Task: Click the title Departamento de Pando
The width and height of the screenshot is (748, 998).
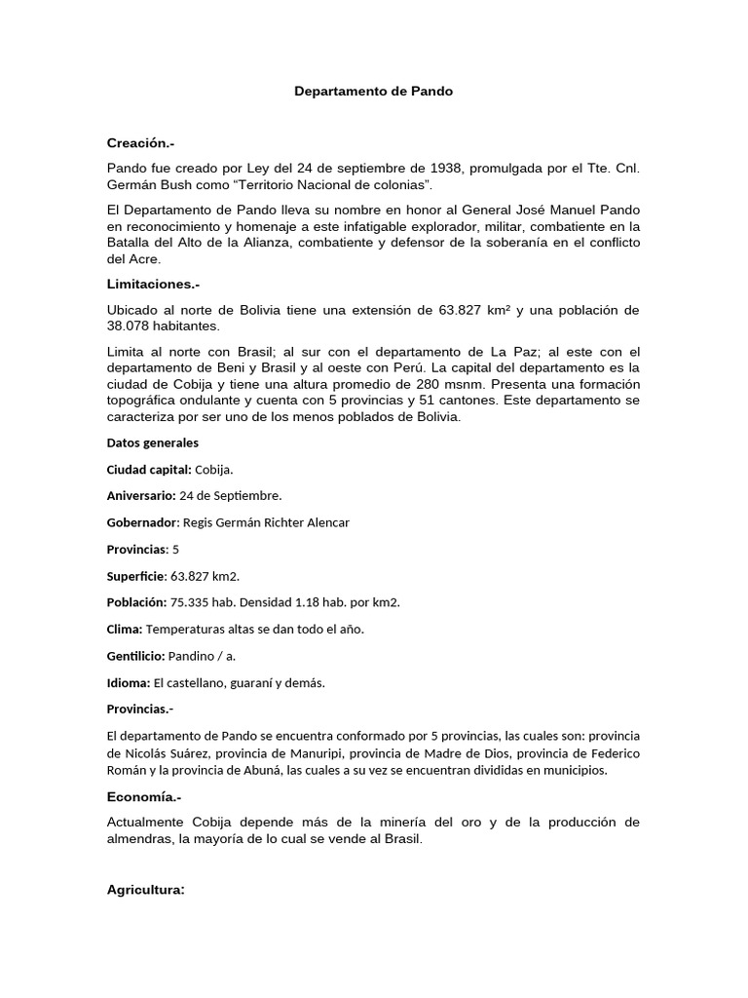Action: (374, 92)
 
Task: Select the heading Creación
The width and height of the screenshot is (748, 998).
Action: (140, 143)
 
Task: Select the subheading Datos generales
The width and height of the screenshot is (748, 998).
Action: (152, 442)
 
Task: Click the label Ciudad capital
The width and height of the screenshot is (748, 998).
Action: (148, 469)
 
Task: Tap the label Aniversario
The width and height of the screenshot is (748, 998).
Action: (141, 495)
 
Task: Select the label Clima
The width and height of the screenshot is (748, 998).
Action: (125, 629)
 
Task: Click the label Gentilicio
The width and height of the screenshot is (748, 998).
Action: (135, 655)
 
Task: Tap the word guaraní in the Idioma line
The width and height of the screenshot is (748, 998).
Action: (252, 682)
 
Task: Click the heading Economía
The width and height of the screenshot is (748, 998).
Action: (144, 796)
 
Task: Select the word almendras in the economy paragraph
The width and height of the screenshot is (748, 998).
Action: (141, 839)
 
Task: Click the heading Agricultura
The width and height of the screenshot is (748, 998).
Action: (146, 890)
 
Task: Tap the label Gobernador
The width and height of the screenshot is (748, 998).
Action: (141, 522)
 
